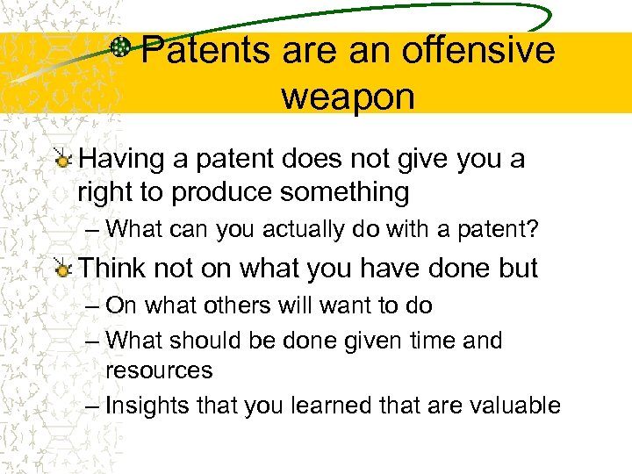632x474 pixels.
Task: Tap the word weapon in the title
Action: pos(348,96)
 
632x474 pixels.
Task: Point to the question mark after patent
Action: pos(533,229)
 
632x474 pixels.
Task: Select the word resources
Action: pos(159,370)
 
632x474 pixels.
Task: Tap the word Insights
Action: pos(147,405)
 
